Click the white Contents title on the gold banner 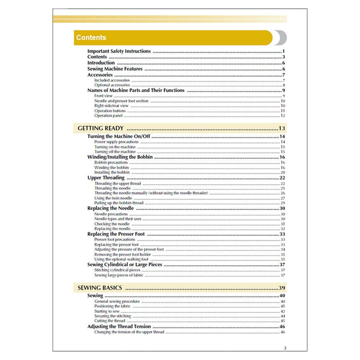point(91,37)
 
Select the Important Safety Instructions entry point(119,51)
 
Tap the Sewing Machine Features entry point(115,69)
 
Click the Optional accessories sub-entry point(112,85)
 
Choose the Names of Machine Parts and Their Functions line point(136,90)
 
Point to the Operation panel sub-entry point(108,116)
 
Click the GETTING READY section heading point(100,128)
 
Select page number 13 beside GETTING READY point(282,128)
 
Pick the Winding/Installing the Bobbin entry point(120,157)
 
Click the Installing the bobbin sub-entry point(112,172)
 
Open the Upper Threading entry point(106,178)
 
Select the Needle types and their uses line point(118,219)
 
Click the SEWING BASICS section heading point(99,288)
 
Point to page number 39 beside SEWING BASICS point(282,288)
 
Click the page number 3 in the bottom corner point(285,348)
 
